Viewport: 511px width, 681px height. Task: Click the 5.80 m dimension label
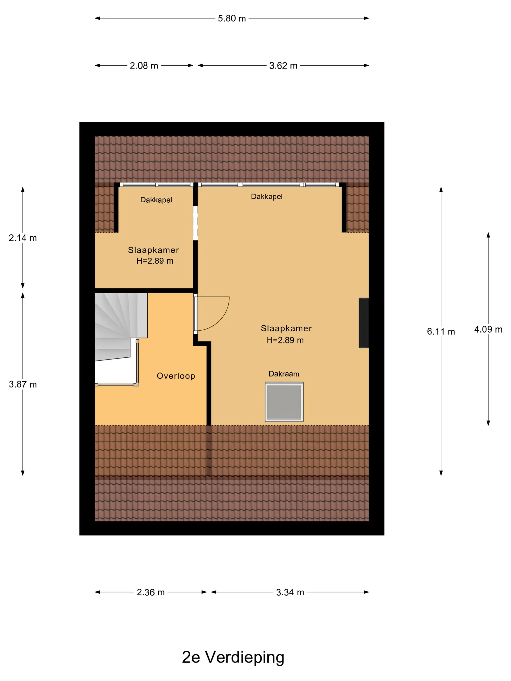click(x=232, y=18)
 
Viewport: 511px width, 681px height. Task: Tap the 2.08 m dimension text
click(x=144, y=66)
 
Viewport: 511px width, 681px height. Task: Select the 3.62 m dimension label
click(x=283, y=66)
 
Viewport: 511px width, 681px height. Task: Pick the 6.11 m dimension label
click(x=441, y=332)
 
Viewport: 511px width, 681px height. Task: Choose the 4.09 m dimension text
click(x=488, y=329)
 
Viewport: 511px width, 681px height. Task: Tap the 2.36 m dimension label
click(x=151, y=592)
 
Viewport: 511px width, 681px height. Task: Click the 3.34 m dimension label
click(x=290, y=592)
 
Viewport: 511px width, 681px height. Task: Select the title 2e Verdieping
click(x=233, y=657)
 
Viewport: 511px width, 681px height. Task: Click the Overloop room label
click(x=176, y=376)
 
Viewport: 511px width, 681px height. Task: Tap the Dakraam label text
click(x=284, y=374)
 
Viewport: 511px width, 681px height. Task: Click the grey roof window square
click(x=284, y=402)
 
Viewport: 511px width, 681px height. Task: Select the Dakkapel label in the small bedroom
click(x=156, y=200)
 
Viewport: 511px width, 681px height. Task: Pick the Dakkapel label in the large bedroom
click(x=266, y=197)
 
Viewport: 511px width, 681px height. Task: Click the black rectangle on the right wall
click(x=364, y=323)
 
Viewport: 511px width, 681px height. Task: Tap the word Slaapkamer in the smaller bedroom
click(x=153, y=250)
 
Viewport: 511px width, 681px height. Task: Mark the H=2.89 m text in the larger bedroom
click(x=285, y=340)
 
